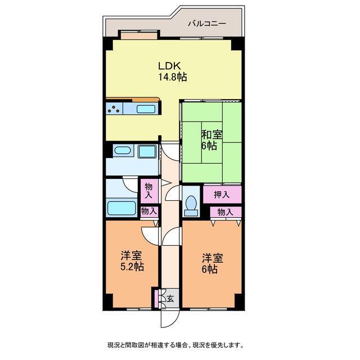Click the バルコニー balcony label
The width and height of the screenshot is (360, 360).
[206, 24]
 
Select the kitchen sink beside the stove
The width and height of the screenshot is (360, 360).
[146, 109]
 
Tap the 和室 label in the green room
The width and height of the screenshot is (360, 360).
[211, 135]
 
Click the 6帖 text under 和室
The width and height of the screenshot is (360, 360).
[209, 146]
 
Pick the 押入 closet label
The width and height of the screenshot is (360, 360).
[222, 195]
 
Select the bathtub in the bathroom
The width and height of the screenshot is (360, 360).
[121, 208]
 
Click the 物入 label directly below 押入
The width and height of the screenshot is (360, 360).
[225, 212]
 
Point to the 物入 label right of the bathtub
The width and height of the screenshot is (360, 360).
[148, 211]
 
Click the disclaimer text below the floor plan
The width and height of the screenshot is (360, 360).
[175, 344]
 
